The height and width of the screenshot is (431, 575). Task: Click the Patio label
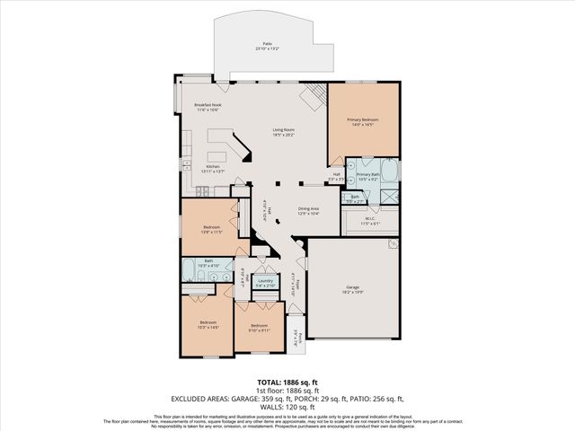pyautogui.click(x=267, y=45)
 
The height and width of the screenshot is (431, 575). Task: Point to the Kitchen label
pyautogui.click(x=213, y=169)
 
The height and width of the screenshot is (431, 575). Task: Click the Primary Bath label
pyautogui.click(x=367, y=176)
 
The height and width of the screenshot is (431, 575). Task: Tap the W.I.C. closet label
pyautogui.click(x=369, y=220)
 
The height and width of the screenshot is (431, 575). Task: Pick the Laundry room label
pyautogui.click(x=265, y=283)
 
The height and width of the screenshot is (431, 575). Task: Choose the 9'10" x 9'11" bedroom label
pyautogui.click(x=260, y=328)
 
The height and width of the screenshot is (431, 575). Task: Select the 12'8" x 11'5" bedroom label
pyautogui.click(x=211, y=230)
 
